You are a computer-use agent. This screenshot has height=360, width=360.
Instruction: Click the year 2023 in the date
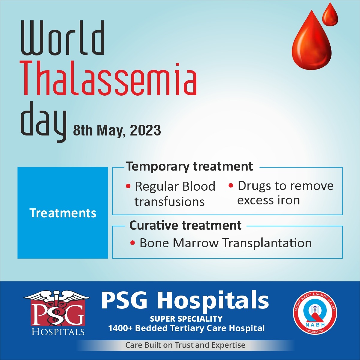(x=145, y=130)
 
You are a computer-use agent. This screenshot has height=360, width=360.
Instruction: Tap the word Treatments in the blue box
(x=63, y=213)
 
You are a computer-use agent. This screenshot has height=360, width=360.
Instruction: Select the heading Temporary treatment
(x=189, y=166)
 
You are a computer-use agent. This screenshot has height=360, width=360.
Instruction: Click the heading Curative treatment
(x=185, y=225)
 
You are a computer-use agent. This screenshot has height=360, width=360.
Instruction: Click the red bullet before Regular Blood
(x=128, y=186)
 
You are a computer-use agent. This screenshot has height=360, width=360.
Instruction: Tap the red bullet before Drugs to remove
(x=231, y=186)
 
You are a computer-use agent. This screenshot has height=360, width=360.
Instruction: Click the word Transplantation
(x=267, y=243)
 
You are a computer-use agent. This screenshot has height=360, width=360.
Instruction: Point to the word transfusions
(x=169, y=202)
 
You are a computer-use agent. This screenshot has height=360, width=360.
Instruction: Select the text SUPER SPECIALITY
(x=186, y=319)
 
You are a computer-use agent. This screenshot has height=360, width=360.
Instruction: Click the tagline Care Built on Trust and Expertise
(x=185, y=345)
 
